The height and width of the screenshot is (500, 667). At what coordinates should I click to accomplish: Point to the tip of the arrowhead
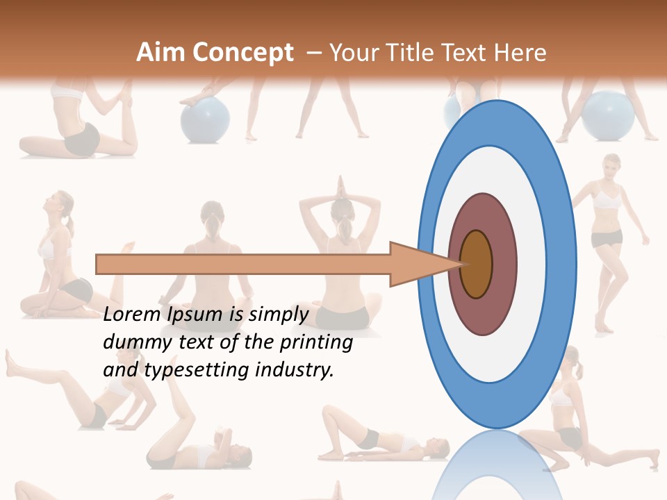463,264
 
